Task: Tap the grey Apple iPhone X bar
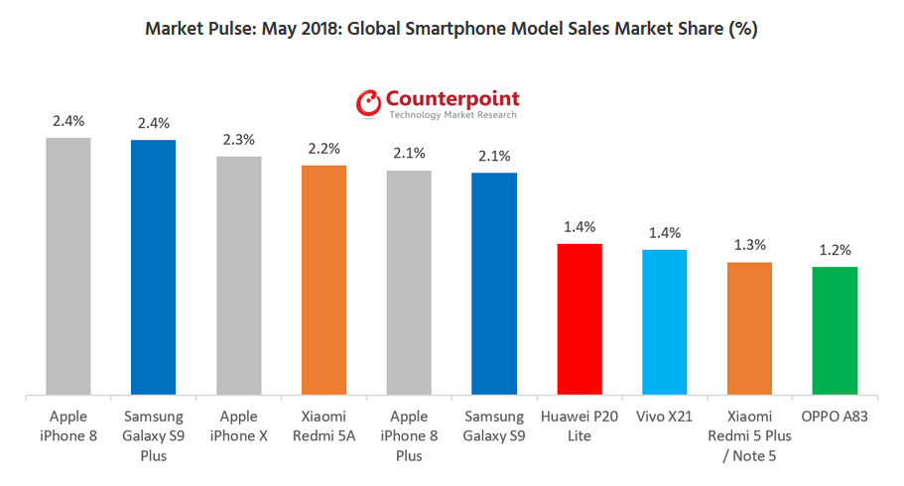click(239, 276)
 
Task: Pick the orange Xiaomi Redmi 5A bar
click(323, 281)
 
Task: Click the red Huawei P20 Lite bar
click(580, 319)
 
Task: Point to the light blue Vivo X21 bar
click(665, 322)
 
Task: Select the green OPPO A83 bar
click(835, 330)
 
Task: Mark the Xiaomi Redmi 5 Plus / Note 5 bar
click(749, 328)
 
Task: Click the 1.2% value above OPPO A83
click(835, 250)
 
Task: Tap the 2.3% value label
click(239, 140)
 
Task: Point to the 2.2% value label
click(323, 149)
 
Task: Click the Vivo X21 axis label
click(665, 418)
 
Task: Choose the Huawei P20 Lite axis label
click(580, 426)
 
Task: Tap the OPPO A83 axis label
click(835, 418)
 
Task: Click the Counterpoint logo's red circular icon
click(369, 102)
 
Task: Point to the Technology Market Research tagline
click(452, 116)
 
